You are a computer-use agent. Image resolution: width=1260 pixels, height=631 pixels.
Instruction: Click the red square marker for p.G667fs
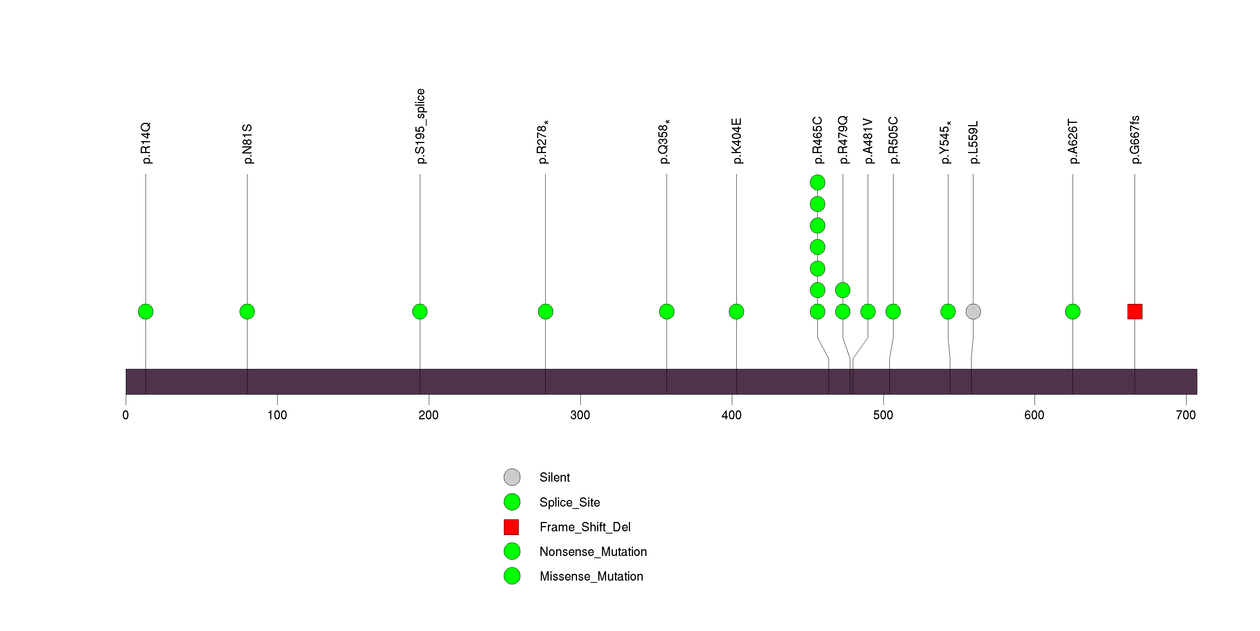(x=1134, y=312)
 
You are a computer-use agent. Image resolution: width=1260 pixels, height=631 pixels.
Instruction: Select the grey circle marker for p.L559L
(x=973, y=312)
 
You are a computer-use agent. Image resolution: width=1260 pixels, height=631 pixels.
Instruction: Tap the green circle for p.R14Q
(x=146, y=312)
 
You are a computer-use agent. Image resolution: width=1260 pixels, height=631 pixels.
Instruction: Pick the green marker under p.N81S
(x=247, y=312)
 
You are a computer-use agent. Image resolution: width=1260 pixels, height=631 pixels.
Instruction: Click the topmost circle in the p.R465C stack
(x=817, y=183)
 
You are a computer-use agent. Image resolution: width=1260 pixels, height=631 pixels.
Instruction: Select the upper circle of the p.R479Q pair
(x=842, y=290)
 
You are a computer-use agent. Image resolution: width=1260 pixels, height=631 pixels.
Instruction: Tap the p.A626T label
(x=1073, y=142)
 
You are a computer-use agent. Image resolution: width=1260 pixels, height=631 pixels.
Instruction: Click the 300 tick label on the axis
(x=580, y=415)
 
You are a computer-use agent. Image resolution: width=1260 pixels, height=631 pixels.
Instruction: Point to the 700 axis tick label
(x=1186, y=415)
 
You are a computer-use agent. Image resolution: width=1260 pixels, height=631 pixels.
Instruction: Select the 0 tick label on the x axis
(x=126, y=415)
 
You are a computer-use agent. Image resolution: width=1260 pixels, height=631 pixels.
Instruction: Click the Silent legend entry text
(x=554, y=478)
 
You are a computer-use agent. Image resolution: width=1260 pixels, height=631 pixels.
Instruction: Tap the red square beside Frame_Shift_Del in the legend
(x=511, y=527)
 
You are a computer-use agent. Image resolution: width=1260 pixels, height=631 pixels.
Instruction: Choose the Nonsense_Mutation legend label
(x=593, y=552)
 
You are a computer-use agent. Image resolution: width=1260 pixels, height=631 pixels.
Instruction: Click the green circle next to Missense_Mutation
(x=512, y=576)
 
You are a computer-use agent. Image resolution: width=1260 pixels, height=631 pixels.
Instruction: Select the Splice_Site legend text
(x=569, y=502)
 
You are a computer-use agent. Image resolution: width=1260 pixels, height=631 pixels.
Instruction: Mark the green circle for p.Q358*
(x=666, y=312)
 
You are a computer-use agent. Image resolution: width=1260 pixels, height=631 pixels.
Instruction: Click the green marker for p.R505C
(x=893, y=312)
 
